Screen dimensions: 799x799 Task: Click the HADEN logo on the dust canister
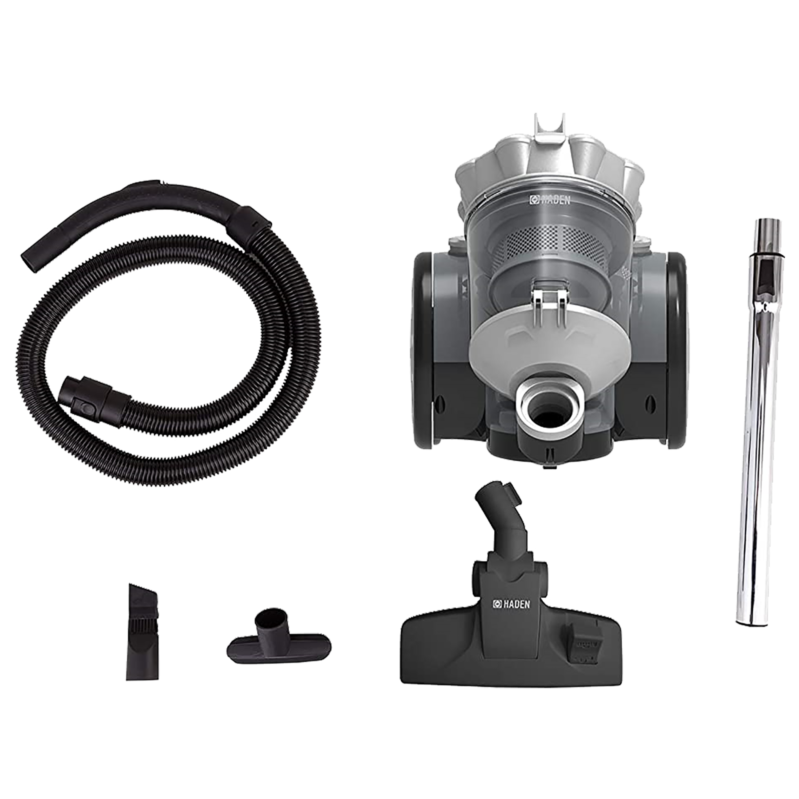[x=550, y=200]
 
